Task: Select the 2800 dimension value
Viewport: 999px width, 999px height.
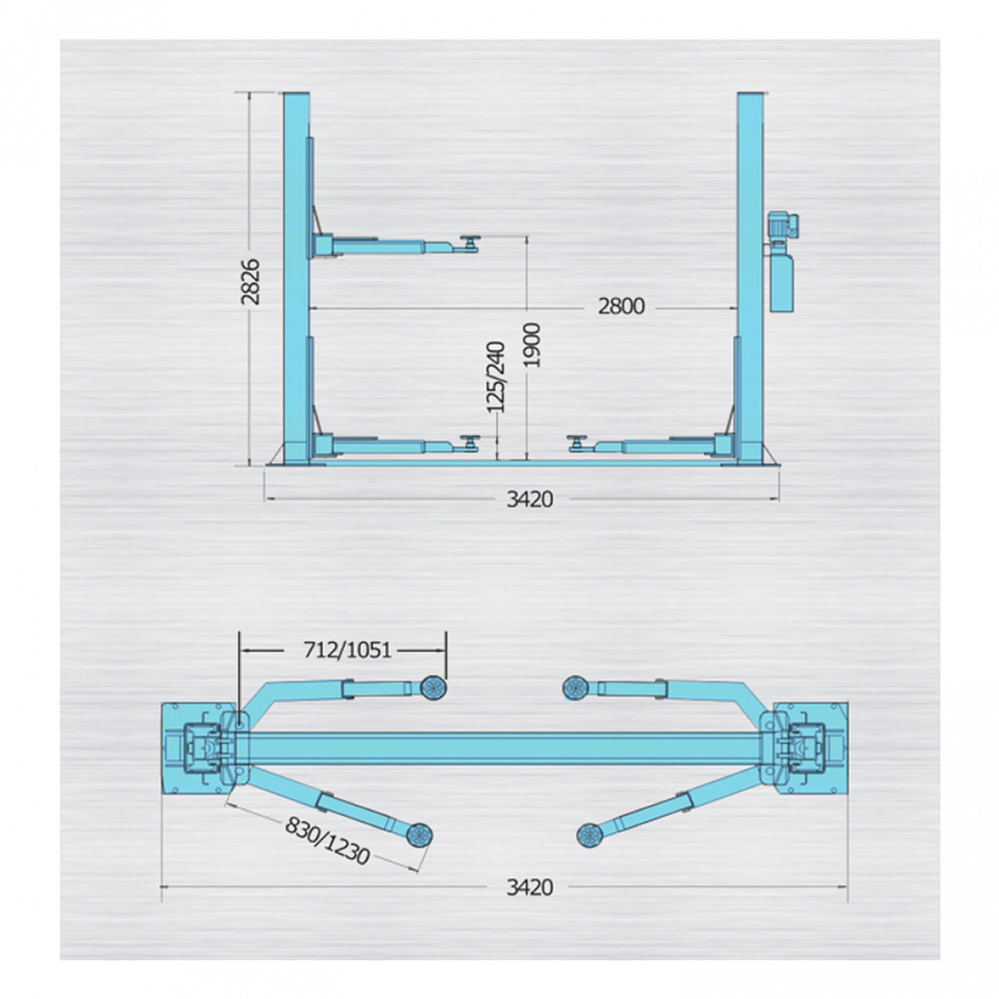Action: point(619,307)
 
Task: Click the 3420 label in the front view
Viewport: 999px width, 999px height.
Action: point(529,500)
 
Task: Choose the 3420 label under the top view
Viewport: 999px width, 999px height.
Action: point(529,888)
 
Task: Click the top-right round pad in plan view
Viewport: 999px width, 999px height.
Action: point(577,687)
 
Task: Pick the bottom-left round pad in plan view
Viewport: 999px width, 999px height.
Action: point(418,835)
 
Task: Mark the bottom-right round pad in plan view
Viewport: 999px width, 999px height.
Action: point(590,835)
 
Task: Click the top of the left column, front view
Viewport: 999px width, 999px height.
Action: point(296,96)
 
